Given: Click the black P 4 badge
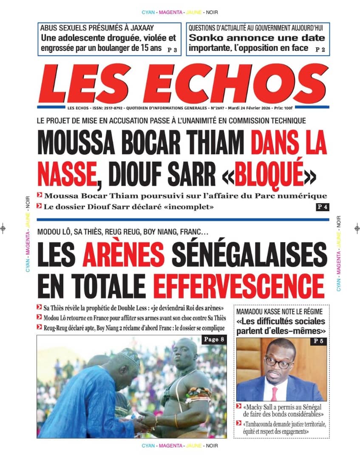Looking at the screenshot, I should click(322, 207).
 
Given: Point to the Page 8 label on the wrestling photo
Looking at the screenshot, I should click(213, 339).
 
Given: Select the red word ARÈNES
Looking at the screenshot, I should click(123, 255).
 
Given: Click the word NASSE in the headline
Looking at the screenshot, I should click(66, 173).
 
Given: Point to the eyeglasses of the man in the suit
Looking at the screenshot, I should click(279, 363).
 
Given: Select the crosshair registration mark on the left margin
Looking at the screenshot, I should click(4, 228).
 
